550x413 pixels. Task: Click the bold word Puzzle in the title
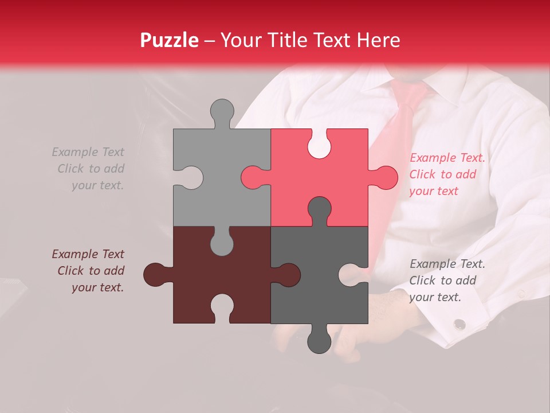point(169,40)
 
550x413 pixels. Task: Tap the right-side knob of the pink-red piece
point(385,177)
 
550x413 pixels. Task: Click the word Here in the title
point(378,40)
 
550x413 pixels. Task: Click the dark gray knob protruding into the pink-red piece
point(319,209)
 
